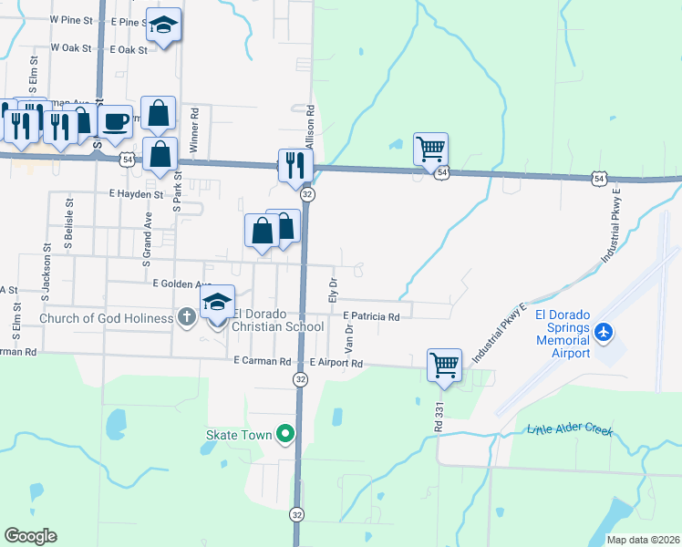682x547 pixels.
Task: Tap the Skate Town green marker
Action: point(285,435)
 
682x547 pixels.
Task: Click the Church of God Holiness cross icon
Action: point(186,318)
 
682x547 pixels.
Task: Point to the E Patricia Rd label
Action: point(372,317)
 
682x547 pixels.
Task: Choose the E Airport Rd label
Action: point(336,363)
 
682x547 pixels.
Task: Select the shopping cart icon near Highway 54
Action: point(430,147)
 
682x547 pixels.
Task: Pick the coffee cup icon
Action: point(115,121)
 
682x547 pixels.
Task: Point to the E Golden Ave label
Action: point(181,284)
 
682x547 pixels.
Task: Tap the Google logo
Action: point(31,536)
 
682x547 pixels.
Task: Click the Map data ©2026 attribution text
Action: point(642,540)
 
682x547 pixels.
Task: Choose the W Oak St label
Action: point(72,47)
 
